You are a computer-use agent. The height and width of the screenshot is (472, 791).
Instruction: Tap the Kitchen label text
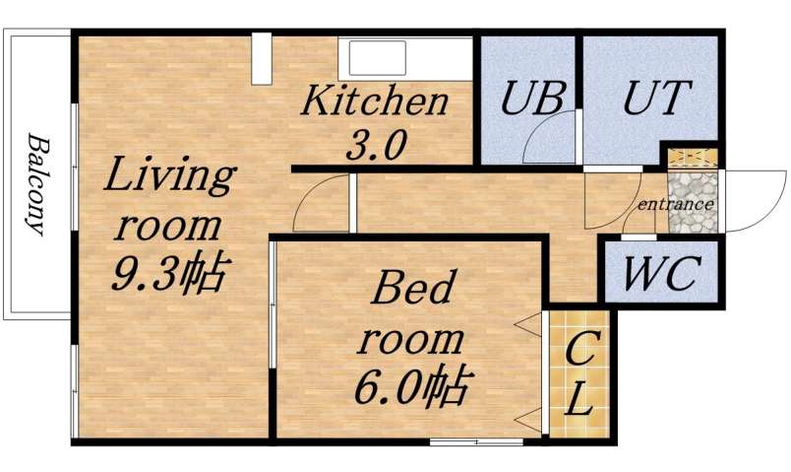(375, 101)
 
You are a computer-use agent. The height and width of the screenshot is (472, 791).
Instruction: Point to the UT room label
(658, 98)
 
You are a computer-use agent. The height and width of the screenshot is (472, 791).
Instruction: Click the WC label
(661, 273)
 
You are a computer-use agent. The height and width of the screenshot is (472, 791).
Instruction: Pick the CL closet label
(580, 373)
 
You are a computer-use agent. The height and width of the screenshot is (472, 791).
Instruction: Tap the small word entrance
(675, 204)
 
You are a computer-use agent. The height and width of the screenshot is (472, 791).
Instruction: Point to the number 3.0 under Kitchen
(375, 146)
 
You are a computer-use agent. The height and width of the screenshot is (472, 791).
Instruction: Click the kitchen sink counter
(406, 58)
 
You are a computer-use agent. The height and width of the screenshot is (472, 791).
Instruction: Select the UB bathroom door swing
(551, 138)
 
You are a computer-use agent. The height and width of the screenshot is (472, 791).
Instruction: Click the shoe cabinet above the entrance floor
(693, 157)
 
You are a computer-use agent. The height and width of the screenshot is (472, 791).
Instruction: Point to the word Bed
(413, 292)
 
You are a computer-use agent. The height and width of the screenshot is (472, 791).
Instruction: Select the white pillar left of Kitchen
(261, 60)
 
